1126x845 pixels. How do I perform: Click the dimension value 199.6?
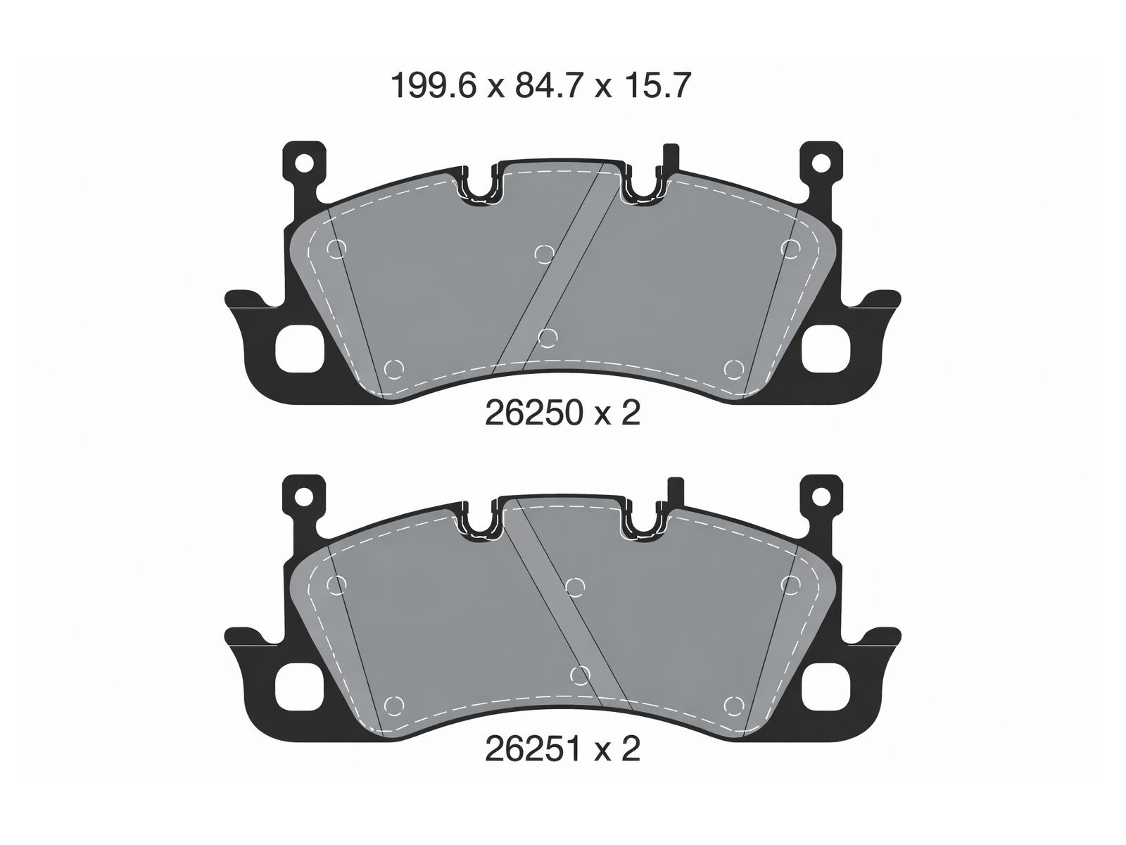tap(434, 86)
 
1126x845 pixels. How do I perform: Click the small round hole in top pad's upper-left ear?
tap(304, 164)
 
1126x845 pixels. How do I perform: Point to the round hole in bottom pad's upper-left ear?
tap(304, 498)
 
